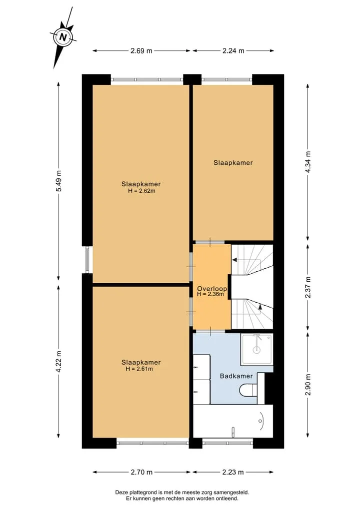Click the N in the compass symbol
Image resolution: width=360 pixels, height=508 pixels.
point(63,37)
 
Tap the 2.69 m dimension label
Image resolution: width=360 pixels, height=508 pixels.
point(141,50)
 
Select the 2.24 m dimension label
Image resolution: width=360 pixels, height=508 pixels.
point(233,50)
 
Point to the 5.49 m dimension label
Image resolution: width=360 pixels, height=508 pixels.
point(58,181)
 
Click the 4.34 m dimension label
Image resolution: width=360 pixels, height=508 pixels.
point(308,162)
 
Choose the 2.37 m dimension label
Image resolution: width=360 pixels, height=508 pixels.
point(308,287)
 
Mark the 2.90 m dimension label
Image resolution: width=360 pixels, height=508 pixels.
point(308,385)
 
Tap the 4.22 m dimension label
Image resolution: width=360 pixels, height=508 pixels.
point(58,362)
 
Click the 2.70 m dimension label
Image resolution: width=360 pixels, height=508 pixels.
point(141,472)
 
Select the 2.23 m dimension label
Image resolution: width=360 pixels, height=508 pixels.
point(233,472)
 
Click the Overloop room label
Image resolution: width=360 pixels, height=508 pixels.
point(212,289)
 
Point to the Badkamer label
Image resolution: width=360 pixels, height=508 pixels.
point(236,376)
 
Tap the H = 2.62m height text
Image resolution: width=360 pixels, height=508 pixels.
point(141,191)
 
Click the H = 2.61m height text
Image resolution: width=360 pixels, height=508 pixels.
point(139,369)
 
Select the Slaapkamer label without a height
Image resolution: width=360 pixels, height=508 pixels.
point(233,163)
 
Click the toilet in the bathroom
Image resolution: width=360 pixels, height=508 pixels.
point(248,389)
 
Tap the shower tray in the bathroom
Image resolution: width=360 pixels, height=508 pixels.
point(257,349)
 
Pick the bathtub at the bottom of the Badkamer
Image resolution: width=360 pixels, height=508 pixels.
point(233,421)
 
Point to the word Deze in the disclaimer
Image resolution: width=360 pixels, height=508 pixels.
point(121,493)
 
